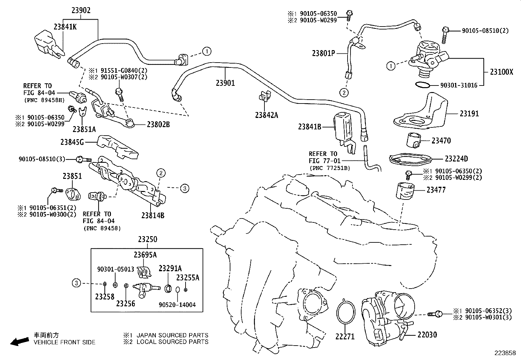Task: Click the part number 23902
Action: click(x=81, y=10)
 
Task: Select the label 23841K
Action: click(x=65, y=27)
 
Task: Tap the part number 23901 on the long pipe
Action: click(x=225, y=83)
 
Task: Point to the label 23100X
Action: click(x=501, y=72)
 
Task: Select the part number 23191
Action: click(x=469, y=114)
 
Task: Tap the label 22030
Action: click(x=427, y=335)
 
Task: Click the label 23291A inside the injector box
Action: click(x=170, y=269)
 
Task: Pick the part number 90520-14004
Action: click(x=177, y=305)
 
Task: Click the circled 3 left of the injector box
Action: click(x=76, y=283)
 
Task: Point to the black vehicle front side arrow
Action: click(x=19, y=341)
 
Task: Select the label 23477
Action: click(x=436, y=190)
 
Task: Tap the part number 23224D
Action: click(x=456, y=159)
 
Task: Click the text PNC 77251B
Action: click(x=330, y=168)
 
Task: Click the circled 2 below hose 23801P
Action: click(x=344, y=93)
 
